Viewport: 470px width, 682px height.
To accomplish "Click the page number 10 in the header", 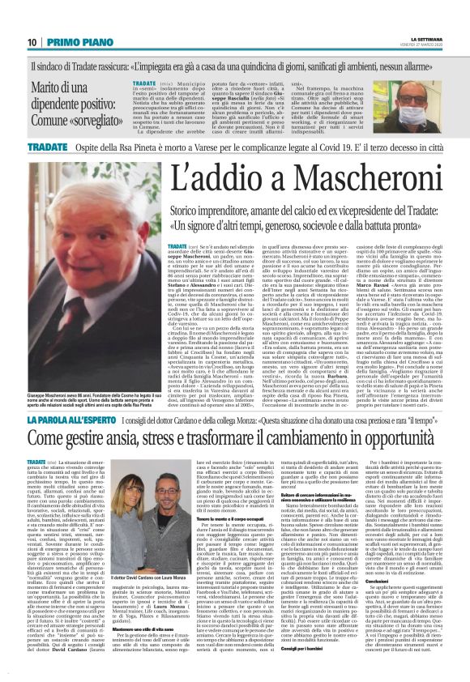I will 32,43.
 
